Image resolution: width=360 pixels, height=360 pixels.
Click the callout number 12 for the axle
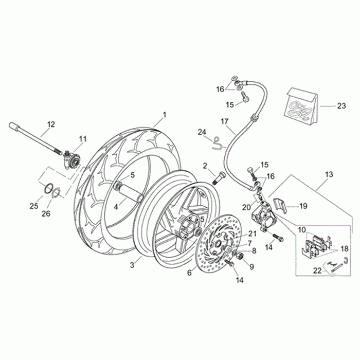coord(51,124)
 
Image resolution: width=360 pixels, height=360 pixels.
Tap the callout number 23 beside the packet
coord(341,106)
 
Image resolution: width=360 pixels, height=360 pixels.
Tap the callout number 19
coord(303,206)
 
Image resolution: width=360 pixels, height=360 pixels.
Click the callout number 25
coord(34,206)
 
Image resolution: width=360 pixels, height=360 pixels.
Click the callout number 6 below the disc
coord(189,273)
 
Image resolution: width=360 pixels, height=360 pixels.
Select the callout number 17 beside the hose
coord(224,122)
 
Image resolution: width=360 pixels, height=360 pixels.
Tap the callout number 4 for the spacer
coord(117,207)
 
